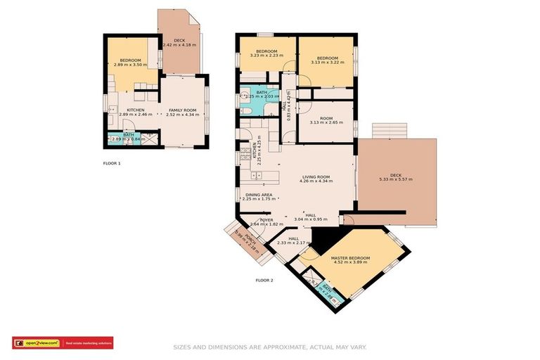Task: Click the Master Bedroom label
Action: [x=350, y=258]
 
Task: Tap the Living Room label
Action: [x=316, y=176]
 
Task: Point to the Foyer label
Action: [x=266, y=220]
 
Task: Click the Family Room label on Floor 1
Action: [x=181, y=110]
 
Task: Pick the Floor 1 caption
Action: [x=112, y=163]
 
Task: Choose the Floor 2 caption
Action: [x=264, y=280]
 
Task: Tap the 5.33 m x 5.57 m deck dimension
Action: [x=396, y=179]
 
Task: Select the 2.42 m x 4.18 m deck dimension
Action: [x=179, y=45]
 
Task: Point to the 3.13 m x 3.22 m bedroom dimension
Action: [x=326, y=63]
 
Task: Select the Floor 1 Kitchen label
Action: [x=136, y=110]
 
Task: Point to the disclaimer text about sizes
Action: [x=270, y=347]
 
